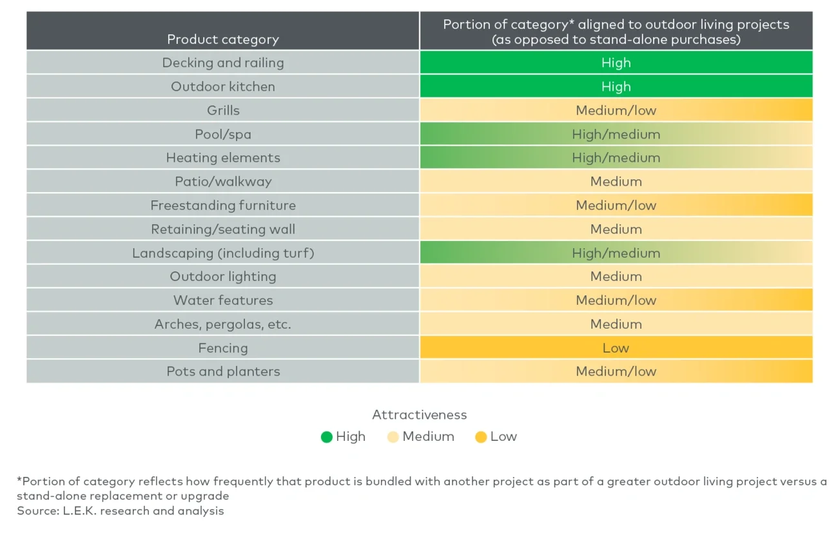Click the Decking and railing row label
point(223,63)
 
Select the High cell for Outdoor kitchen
point(616,86)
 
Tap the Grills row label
point(223,110)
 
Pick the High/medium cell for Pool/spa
point(616,134)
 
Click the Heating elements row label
point(223,158)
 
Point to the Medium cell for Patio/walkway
point(616,182)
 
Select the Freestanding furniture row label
point(223,206)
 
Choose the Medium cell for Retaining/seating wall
point(616,229)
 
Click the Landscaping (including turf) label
point(223,253)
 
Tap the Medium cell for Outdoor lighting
point(616,276)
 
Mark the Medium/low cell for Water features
point(616,300)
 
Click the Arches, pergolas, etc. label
point(223,324)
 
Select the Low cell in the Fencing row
point(616,348)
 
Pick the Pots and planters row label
point(223,372)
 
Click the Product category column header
point(223,39)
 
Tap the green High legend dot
point(327,437)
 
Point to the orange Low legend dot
point(481,437)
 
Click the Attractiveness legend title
point(419,415)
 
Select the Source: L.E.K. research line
point(121,511)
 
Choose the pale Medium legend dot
point(393,437)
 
